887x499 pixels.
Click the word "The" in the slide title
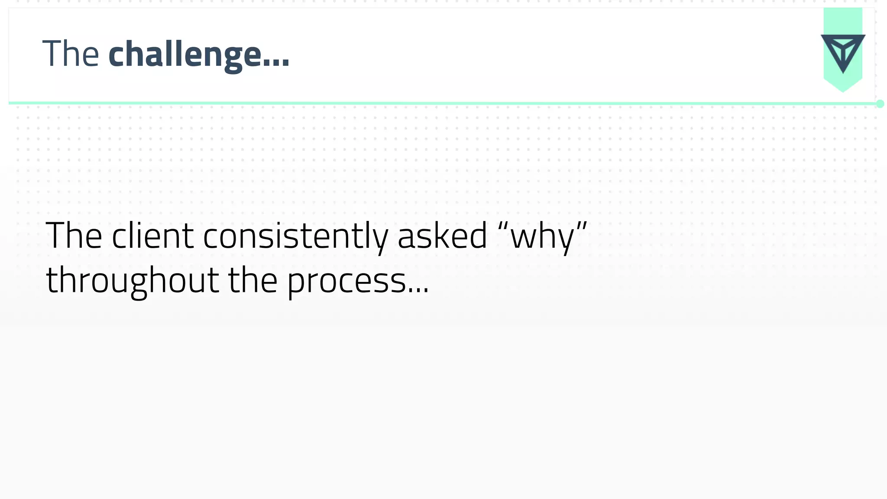pos(71,54)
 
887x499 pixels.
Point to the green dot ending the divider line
pos(880,104)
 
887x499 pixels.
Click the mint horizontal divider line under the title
pos(433,104)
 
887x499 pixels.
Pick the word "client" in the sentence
pos(152,236)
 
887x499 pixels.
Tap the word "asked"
pos(442,236)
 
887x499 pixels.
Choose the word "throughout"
pos(133,281)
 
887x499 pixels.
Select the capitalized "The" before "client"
pos(74,236)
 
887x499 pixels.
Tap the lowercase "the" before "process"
pos(253,281)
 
